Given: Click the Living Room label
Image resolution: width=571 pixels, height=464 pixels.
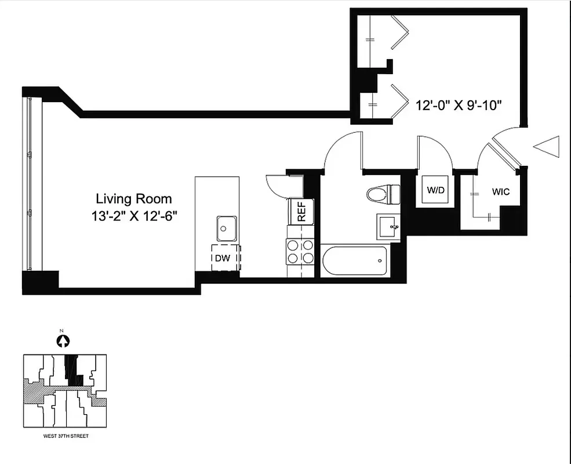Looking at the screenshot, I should pyautogui.click(x=134, y=199).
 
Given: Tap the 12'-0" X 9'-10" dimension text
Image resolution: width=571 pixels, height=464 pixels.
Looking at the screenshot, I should pyautogui.click(x=458, y=106).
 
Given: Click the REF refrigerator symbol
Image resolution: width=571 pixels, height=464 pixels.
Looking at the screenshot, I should pyautogui.click(x=301, y=211).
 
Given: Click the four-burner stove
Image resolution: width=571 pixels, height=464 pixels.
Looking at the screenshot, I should pyautogui.click(x=300, y=252).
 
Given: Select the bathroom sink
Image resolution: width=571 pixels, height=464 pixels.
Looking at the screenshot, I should pyautogui.click(x=388, y=226).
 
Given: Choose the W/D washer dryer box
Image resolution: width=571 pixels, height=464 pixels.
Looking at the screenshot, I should pyautogui.click(x=436, y=190).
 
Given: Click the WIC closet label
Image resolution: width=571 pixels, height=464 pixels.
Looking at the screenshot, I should pyautogui.click(x=501, y=191).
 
